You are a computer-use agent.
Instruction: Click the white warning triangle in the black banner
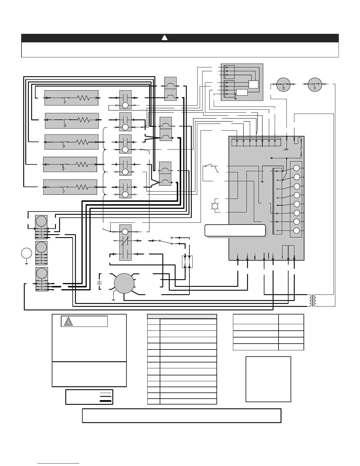click(165, 38)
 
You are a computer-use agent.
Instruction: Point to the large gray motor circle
click(124, 283)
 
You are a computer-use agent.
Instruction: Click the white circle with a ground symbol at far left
click(26, 253)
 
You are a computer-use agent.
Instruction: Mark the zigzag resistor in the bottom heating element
click(82, 187)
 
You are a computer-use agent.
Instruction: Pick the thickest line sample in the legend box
click(106, 401)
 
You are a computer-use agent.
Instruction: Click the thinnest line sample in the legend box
click(106, 393)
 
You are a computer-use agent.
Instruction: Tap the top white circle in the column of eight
click(296, 168)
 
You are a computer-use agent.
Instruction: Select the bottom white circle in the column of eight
click(296, 231)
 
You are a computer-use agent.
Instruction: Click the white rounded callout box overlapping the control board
click(235, 230)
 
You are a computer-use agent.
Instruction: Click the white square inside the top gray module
click(253, 84)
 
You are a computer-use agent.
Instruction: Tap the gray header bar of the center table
click(182, 316)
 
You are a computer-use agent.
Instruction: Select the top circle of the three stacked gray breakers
click(41, 221)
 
